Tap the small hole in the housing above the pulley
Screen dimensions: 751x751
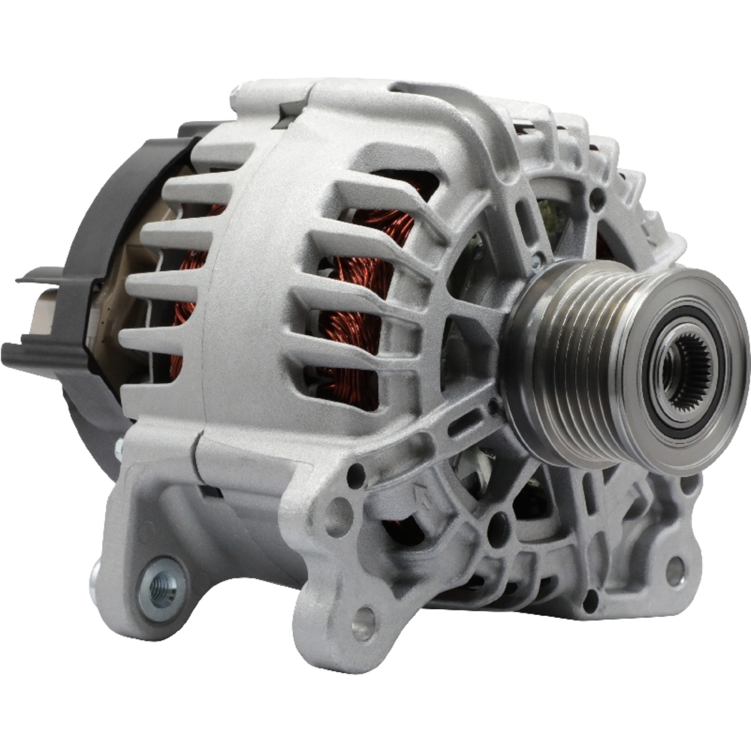tap(596, 200)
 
